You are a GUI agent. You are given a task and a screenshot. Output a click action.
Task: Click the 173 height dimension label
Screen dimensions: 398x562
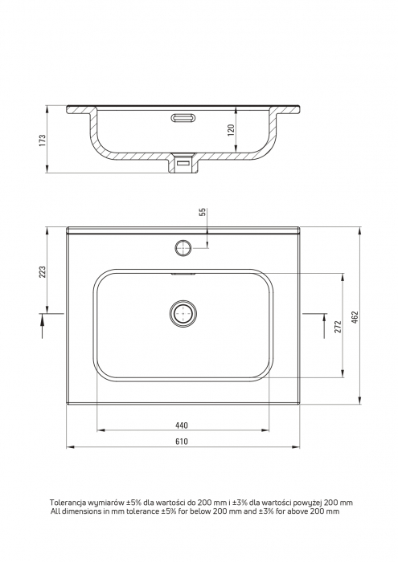(43, 140)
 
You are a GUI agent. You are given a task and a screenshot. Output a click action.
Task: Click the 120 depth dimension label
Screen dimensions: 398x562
(231, 130)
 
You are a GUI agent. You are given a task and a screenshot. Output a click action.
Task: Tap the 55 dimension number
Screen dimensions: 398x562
(203, 212)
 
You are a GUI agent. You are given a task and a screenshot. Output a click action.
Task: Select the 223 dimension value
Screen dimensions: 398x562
(43, 271)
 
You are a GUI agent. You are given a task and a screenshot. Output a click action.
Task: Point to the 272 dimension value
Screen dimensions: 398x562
(338, 327)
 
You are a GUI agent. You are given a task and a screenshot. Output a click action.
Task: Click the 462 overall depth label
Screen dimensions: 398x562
(355, 317)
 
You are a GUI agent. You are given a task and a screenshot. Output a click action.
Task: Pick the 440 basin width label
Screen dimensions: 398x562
(182, 426)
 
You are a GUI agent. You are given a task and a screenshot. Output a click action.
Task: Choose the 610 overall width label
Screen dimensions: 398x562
(182, 442)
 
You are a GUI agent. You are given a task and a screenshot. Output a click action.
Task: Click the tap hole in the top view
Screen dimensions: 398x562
(183, 247)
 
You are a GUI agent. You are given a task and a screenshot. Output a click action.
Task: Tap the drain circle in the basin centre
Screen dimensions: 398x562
(183, 314)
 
